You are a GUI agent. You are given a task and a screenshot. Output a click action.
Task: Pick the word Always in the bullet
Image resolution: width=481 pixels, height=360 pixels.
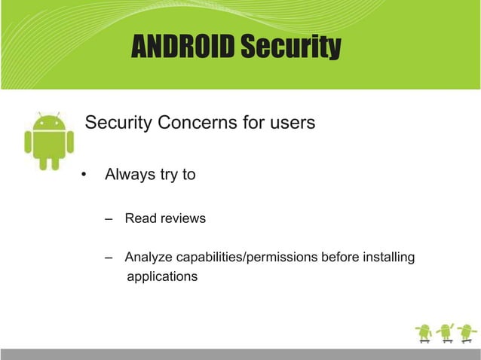coord(130,175)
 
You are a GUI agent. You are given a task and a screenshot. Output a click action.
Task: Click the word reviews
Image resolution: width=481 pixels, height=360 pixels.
coord(180,219)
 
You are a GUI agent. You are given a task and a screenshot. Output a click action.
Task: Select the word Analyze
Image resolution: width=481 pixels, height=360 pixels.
coord(148,258)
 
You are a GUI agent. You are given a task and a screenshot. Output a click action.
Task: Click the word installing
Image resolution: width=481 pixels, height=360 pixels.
coord(388,258)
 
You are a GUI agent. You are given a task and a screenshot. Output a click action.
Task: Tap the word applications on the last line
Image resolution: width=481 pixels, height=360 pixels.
coord(162,276)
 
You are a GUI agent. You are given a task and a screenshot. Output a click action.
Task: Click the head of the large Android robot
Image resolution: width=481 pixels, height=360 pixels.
coord(49,122)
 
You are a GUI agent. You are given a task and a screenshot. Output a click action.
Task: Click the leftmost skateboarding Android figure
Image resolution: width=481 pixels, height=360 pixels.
coord(424,332)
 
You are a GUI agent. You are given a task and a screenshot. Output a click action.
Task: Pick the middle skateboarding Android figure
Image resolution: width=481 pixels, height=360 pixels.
coord(446,332)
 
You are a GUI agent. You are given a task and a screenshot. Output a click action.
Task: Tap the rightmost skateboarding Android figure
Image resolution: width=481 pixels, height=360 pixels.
coord(467,332)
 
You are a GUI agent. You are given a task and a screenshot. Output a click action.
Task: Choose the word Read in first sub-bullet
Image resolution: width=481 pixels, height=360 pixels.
coord(139,219)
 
